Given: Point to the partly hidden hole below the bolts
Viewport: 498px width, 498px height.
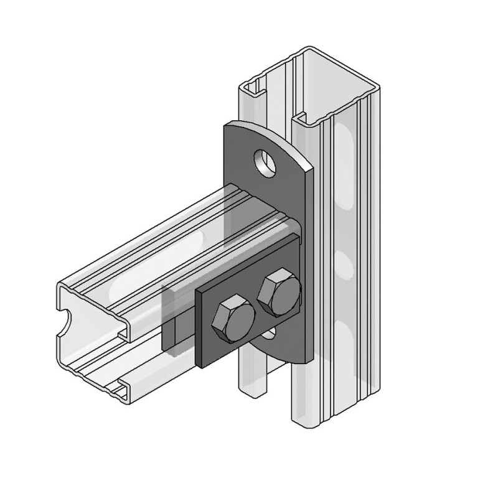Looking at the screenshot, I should click(x=269, y=335).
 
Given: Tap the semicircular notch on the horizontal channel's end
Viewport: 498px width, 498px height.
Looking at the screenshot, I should click(x=64, y=324).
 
